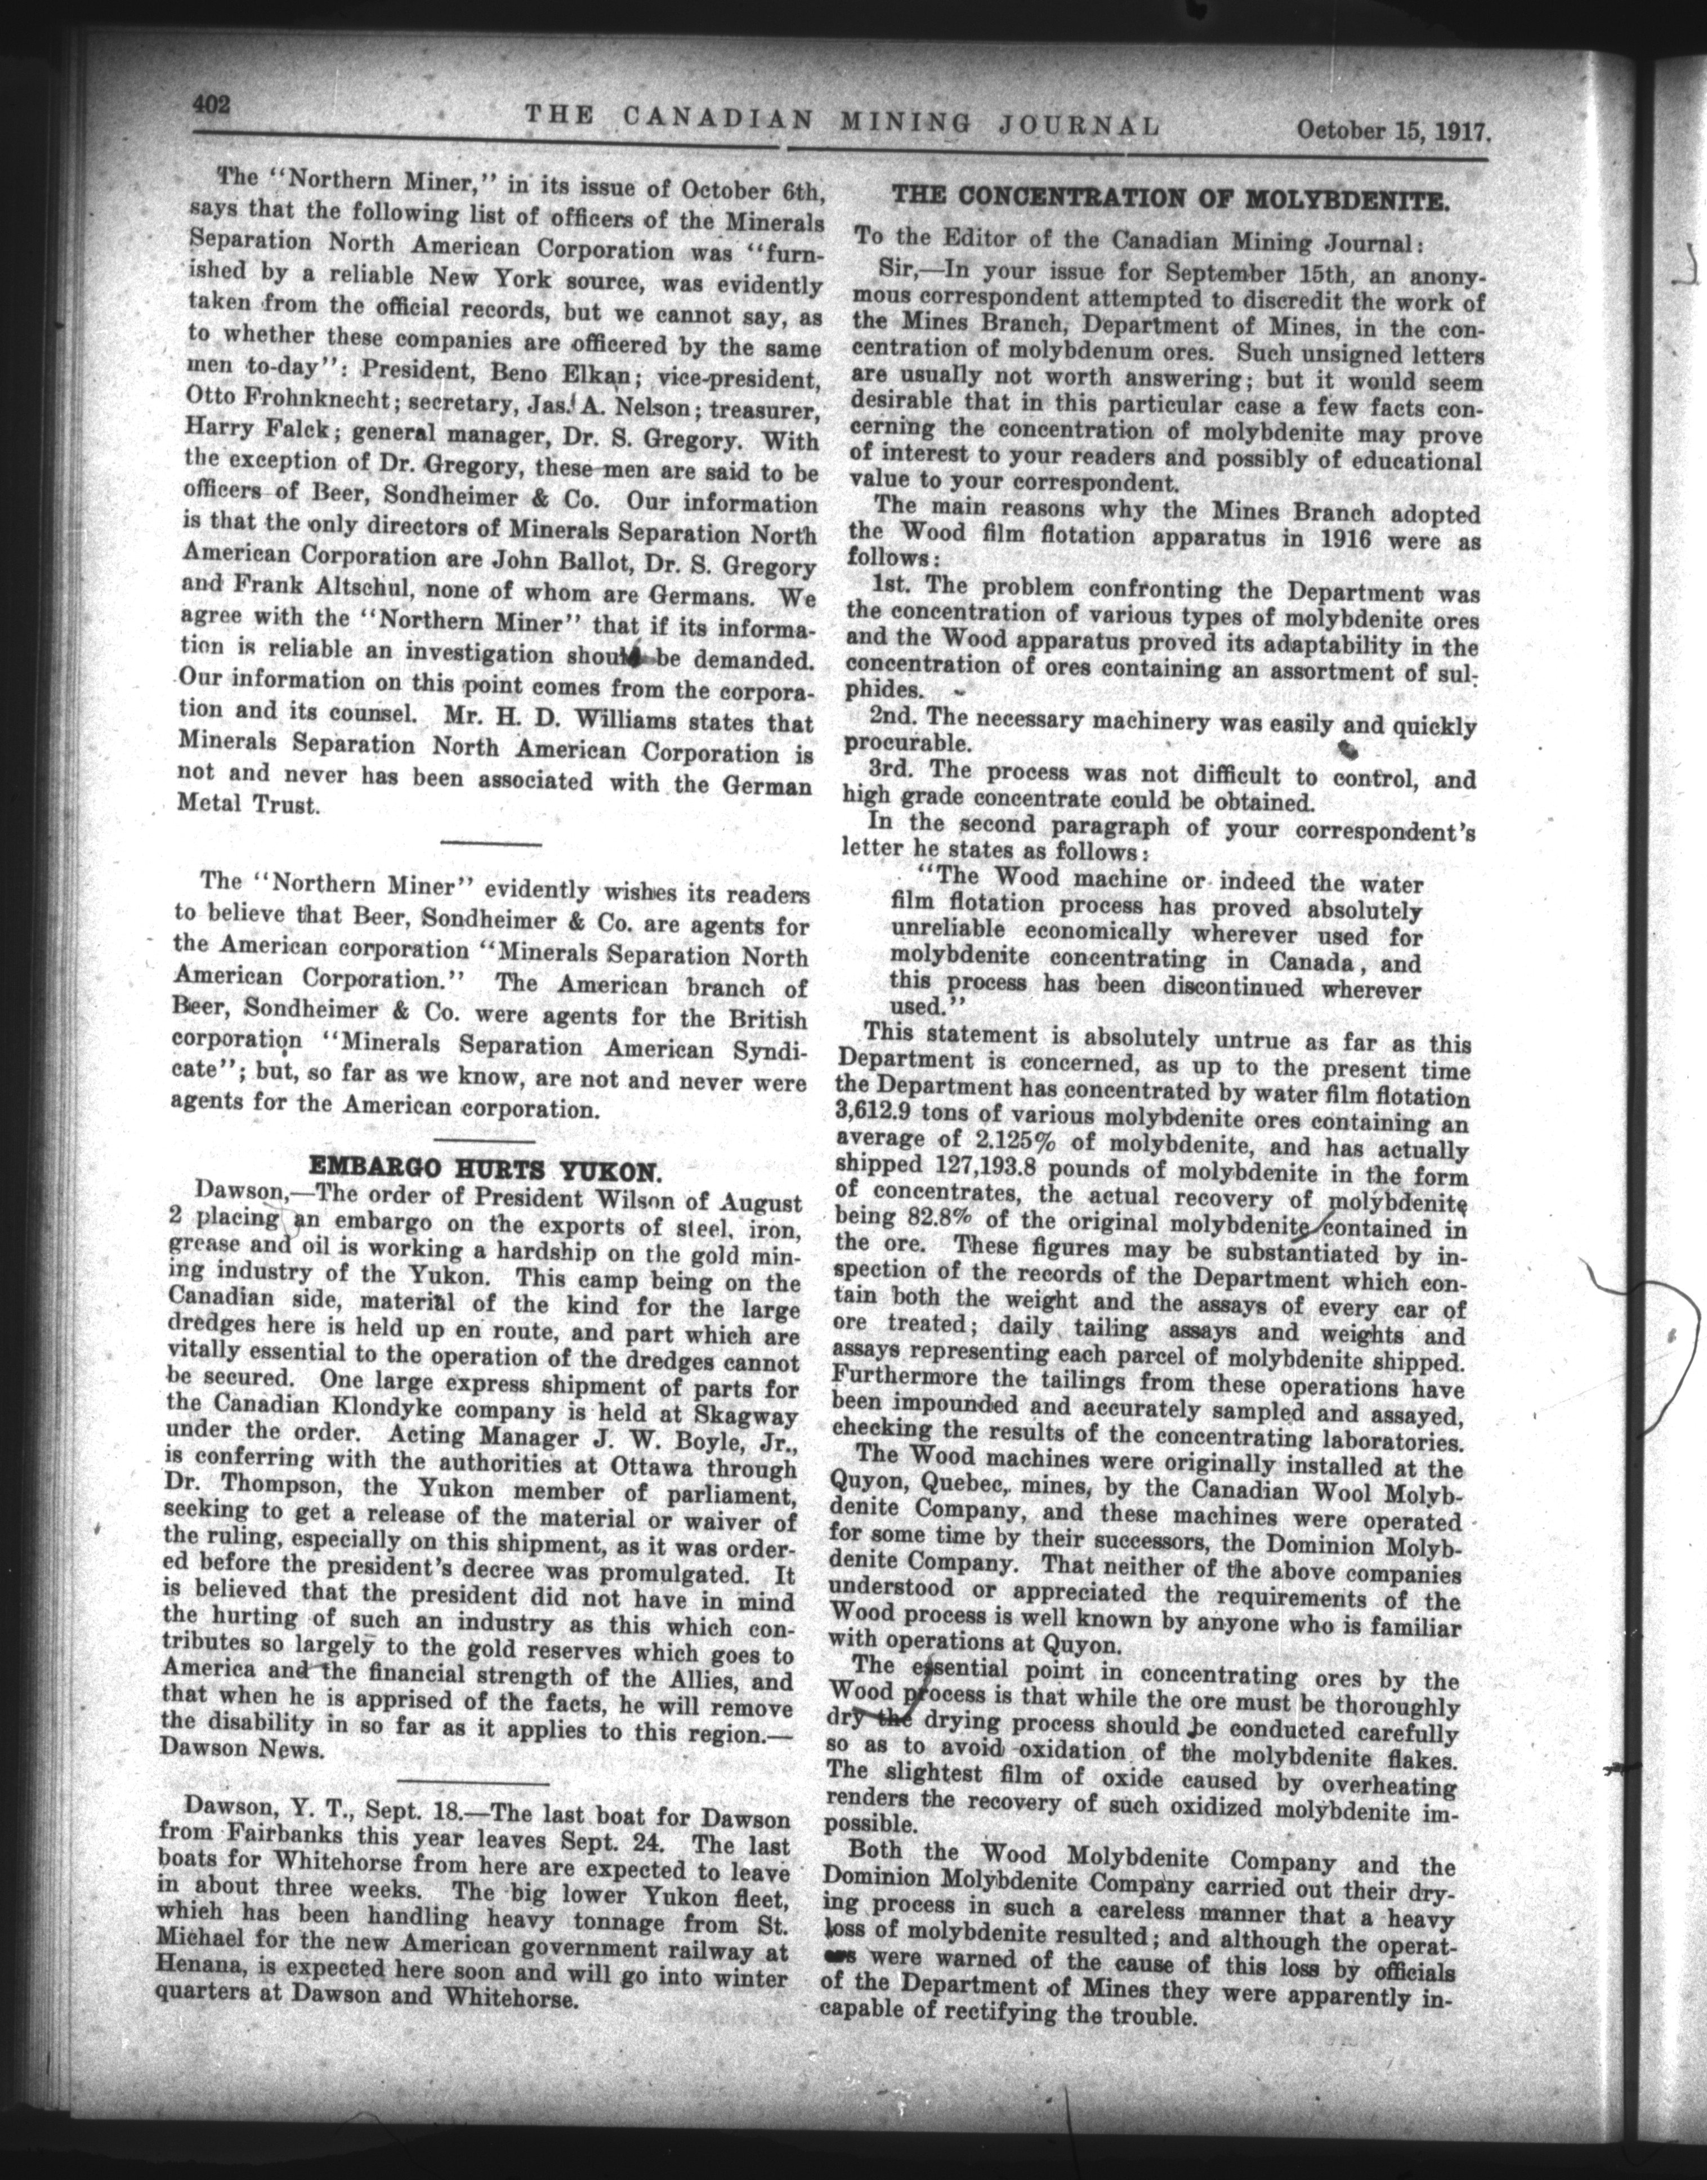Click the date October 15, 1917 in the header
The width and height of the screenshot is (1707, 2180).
[1393, 130]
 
